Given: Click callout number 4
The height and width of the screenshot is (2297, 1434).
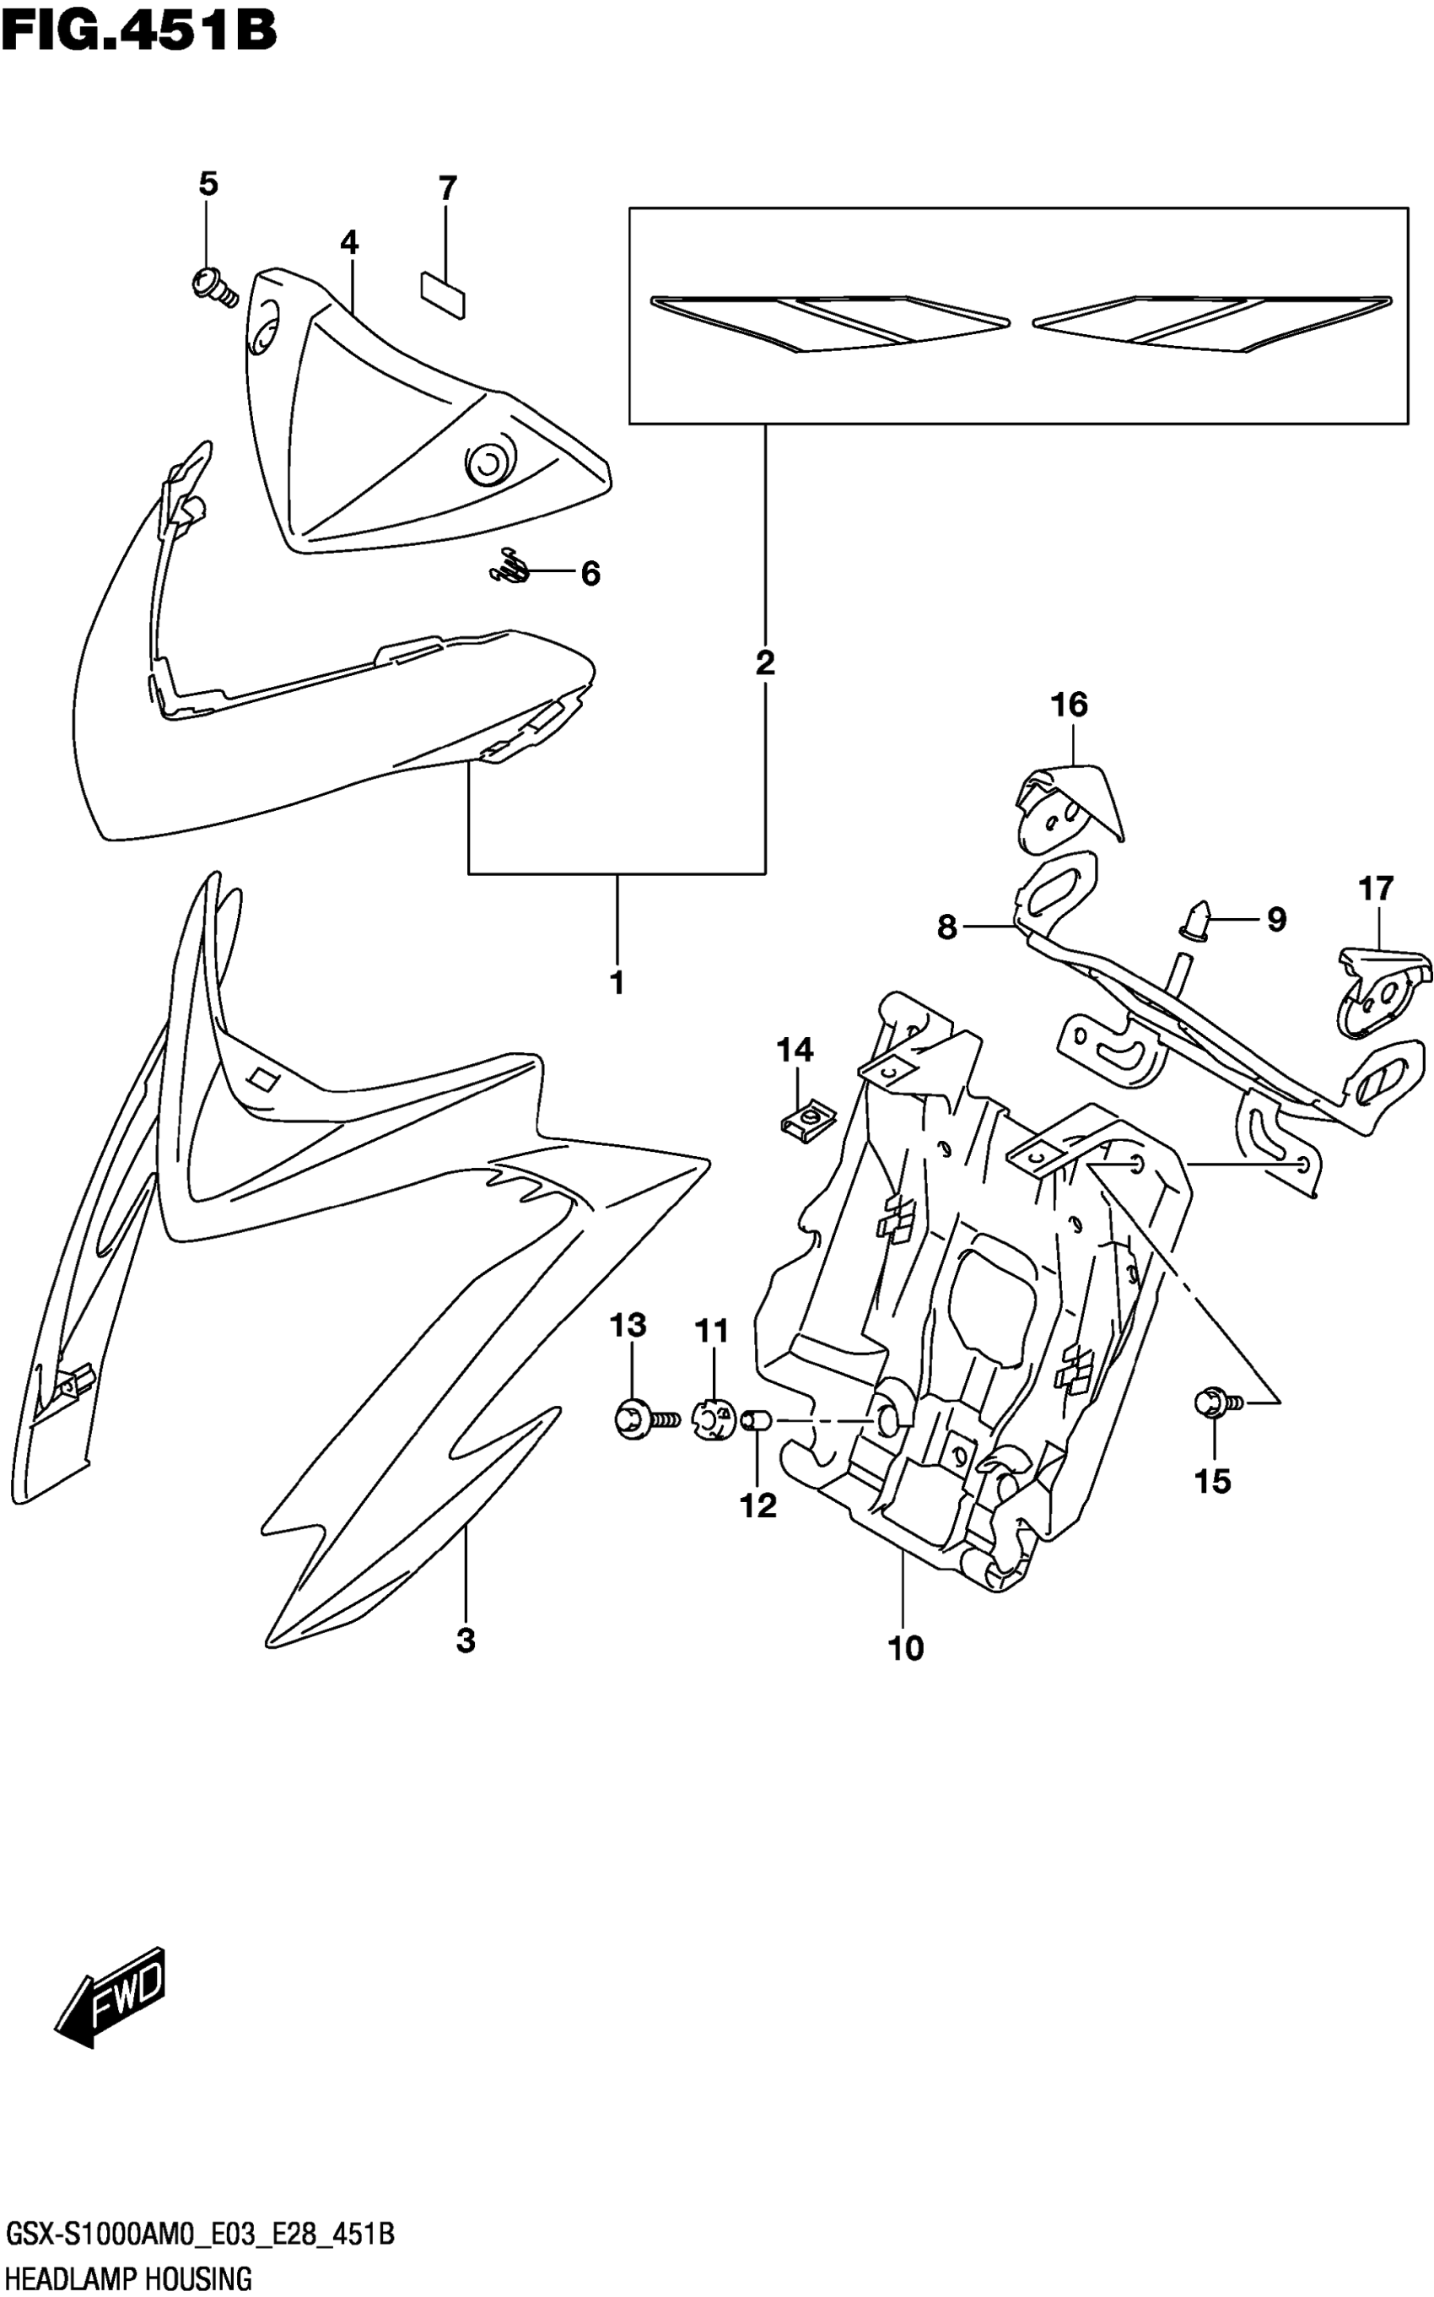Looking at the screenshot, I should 349,243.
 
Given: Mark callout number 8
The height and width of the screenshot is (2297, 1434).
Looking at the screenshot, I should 946,927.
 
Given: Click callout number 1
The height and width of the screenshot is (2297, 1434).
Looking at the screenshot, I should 617,983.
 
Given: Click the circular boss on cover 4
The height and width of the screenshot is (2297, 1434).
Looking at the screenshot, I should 487,463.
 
